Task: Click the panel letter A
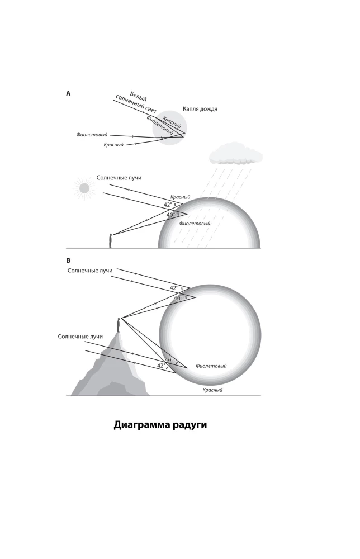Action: tap(68, 94)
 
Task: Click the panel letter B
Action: tap(68, 260)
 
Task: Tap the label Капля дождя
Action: tap(200, 108)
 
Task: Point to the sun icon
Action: tap(84, 188)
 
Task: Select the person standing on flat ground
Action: tap(110, 240)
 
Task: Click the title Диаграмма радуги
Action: tap(160, 424)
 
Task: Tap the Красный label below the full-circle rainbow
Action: tap(212, 390)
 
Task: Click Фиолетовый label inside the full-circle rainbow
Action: tap(211, 366)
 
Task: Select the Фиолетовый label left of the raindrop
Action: tap(92, 135)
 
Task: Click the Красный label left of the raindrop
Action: tap(114, 145)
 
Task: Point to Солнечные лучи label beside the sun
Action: tap(119, 177)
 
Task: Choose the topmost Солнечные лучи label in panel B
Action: tap(90, 271)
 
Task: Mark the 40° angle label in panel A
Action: tap(170, 215)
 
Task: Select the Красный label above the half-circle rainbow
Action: tap(180, 197)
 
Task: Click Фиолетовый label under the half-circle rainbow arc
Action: tap(195, 224)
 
